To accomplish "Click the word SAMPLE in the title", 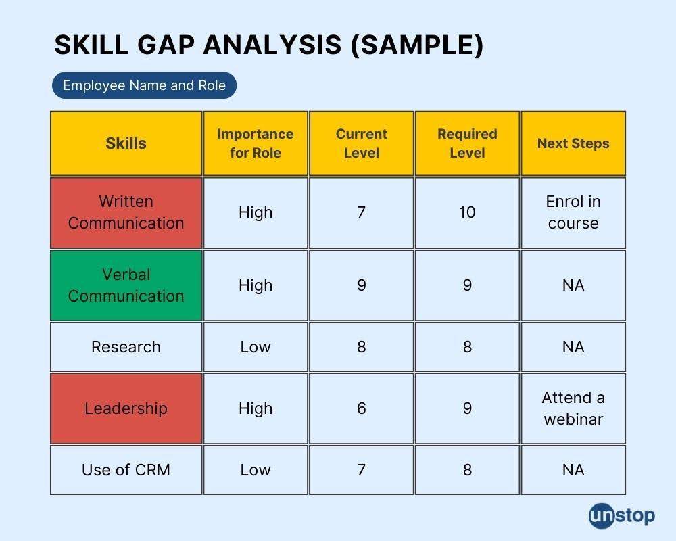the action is tap(417, 45).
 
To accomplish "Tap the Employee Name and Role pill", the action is tap(145, 85).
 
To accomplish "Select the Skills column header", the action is tap(126, 143).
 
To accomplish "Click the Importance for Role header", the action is tap(256, 143).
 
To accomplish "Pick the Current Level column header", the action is tap(361, 143).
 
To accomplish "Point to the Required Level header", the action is tap(467, 143).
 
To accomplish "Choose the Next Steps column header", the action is tap(573, 143).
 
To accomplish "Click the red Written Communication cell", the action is tap(126, 213).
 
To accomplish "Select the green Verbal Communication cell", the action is tap(126, 285).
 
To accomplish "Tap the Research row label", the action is tap(126, 347).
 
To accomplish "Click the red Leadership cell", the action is tap(126, 408).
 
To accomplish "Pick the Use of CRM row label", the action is tap(126, 470).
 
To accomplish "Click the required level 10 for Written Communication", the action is tap(467, 213).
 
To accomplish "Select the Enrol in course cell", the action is tap(573, 213).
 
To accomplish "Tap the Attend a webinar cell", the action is tap(573, 408).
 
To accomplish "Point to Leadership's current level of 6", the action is tap(361, 408).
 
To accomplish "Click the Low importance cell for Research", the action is tap(256, 347).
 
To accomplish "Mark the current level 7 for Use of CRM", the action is tap(361, 470).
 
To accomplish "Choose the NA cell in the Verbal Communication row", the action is tap(573, 285).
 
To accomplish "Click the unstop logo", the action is tap(622, 515).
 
